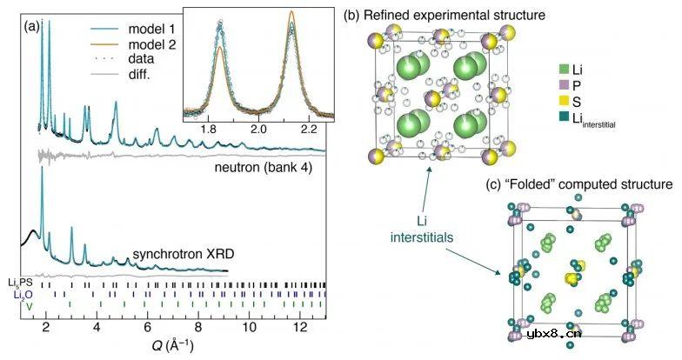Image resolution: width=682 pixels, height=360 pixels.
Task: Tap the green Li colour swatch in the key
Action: (x=566, y=68)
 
